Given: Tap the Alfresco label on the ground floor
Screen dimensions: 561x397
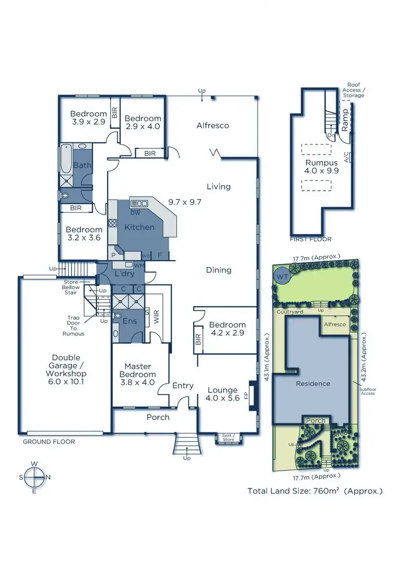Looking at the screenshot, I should click(x=212, y=125).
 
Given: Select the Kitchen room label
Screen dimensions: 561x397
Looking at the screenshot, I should click(x=139, y=227).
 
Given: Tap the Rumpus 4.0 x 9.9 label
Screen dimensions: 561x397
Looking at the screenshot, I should click(x=320, y=167).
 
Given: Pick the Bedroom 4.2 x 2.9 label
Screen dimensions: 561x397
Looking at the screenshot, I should click(x=227, y=329).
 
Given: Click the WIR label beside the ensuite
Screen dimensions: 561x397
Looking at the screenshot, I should click(x=156, y=317).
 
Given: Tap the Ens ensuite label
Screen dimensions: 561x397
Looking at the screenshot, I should click(x=130, y=321).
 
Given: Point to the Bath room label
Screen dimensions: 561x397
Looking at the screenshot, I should click(x=82, y=165).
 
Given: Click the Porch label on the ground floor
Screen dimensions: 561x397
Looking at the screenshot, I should click(x=158, y=417).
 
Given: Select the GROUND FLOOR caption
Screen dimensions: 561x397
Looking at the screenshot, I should click(x=49, y=441).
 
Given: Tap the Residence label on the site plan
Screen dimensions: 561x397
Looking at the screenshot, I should click(x=313, y=383).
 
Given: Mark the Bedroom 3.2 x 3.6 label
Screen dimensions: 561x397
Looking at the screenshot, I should click(x=84, y=234).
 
